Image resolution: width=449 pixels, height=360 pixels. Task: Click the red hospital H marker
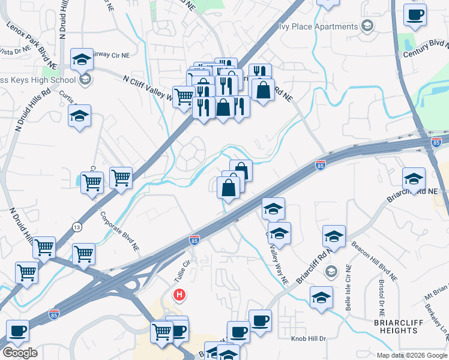[x=179, y=295]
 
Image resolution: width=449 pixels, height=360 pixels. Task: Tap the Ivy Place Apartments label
[x=318, y=26]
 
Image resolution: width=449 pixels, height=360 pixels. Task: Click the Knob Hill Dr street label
[x=308, y=338]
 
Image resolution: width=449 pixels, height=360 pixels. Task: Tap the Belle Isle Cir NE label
[x=348, y=293]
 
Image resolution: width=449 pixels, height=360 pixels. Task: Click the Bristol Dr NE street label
[x=381, y=297]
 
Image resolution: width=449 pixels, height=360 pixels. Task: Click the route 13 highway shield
[x=77, y=227]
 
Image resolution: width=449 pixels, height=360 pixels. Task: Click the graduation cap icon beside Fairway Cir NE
[x=82, y=59]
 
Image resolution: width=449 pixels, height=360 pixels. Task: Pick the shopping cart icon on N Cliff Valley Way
[x=184, y=96]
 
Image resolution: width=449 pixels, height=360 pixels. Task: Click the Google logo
[x=20, y=353]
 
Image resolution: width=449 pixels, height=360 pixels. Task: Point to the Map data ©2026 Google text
[x=411, y=355]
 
